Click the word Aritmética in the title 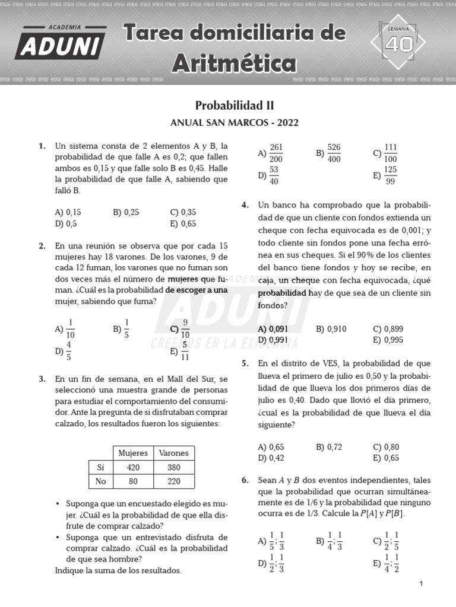(235, 61)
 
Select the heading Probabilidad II (235, 106)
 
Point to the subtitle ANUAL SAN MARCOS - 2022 (235, 123)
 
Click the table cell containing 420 (134, 467)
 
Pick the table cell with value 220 (174, 482)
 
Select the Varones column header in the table (174, 453)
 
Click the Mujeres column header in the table (134, 453)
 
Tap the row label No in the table (101, 482)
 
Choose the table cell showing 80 (134, 482)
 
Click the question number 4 (245, 205)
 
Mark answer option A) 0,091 (273, 329)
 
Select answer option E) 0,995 (388, 340)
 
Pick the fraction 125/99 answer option (385, 175)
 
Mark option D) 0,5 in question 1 (65, 223)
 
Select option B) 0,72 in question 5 (330, 447)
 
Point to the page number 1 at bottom (421, 584)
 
